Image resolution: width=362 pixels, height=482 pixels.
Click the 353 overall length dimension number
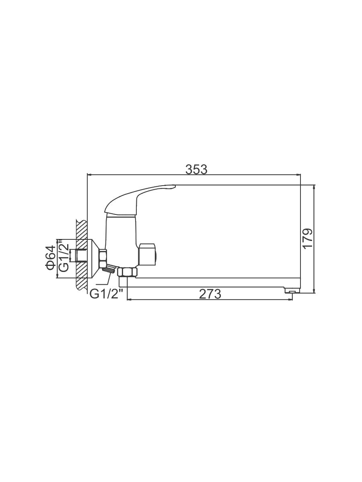click(x=196, y=170)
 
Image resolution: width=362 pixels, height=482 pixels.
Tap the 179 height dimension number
click(x=307, y=239)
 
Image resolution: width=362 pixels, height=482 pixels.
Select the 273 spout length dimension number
click(x=210, y=294)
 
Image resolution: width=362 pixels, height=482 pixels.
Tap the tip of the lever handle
click(x=175, y=186)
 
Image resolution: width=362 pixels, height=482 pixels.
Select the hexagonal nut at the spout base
click(x=127, y=272)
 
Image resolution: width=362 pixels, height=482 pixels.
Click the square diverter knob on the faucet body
click(x=147, y=253)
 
